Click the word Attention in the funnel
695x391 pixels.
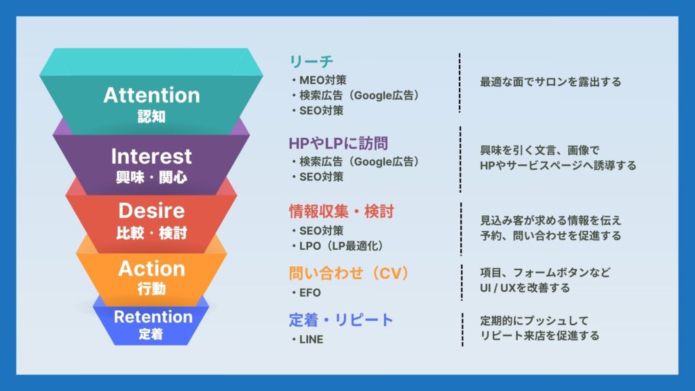[151, 95]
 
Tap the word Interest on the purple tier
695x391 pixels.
[151, 156]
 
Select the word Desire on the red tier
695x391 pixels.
[151, 210]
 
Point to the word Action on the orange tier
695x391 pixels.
[151, 269]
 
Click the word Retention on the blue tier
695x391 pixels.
[153, 316]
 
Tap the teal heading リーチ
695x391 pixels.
[311, 61]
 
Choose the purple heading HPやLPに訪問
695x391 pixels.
[338, 143]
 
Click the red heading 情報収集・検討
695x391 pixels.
[341, 212]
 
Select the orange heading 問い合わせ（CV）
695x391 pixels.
[349, 273]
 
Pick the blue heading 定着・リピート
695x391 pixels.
[341, 320]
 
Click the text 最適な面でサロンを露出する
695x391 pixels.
[550, 81]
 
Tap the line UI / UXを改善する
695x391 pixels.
[525, 288]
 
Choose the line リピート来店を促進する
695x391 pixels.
[540, 335]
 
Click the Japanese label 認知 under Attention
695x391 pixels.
[151, 117]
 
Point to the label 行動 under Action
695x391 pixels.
[151, 289]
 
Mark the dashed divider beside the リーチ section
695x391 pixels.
[459, 83]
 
